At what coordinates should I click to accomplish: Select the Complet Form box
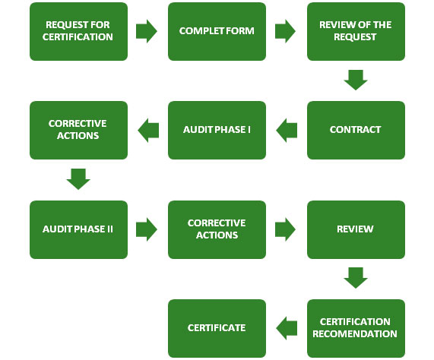pos(217,31)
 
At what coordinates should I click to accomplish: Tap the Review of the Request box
pos(356,31)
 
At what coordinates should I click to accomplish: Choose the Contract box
pos(356,130)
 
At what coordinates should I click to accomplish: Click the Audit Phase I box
pos(217,130)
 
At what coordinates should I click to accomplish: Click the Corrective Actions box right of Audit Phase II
pos(217,229)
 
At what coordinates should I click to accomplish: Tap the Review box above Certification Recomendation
pos(356,229)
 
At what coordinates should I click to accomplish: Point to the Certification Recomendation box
pos(356,328)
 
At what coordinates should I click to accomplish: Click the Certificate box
pos(217,328)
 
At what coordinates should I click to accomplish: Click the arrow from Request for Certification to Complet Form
pos(146,31)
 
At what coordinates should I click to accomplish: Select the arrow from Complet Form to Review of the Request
pos(285,31)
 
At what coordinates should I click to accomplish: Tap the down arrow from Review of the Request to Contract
pos(356,80)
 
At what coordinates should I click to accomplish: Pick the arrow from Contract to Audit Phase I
pos(287,130)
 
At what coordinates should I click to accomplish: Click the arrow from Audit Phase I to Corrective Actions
pos(147,130)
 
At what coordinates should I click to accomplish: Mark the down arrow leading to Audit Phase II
pos(78,179)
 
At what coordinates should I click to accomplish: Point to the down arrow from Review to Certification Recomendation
pos(356,278)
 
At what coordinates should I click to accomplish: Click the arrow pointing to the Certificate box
pos(287,328)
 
